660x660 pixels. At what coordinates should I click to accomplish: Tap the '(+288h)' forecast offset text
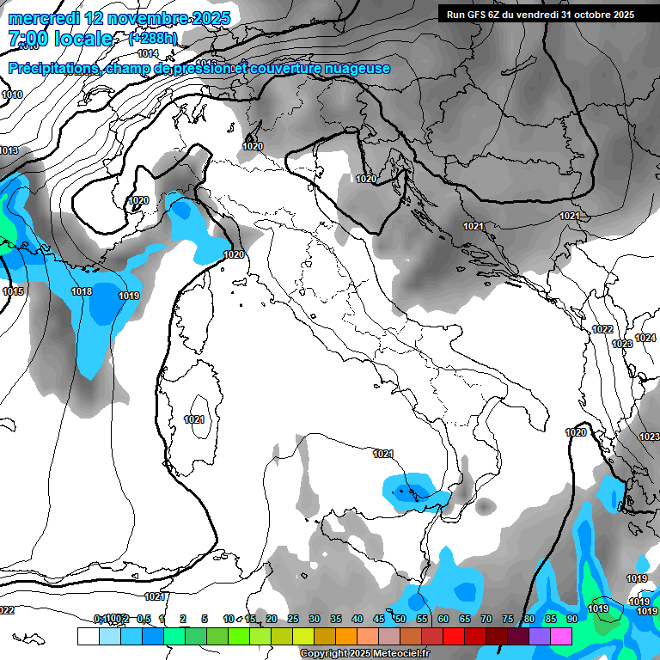(x=153, y=39)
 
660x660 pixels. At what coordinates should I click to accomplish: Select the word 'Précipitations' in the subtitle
(x=52, y=68)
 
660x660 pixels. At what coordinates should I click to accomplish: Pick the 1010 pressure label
(x=12, y=95)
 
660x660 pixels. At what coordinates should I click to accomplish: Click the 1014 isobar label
(x=149, y=53)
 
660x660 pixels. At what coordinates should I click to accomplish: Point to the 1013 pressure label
(x=9, y=150)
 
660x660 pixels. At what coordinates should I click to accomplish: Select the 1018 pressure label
(x=82, y=291)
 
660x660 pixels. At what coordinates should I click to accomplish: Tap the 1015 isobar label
(x=13, y=291)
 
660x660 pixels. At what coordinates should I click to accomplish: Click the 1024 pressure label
(x=645, y=338)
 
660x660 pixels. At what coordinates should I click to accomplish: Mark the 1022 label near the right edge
(x=602, y=329)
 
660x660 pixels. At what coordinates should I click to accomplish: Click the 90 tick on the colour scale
(x=571, y=619)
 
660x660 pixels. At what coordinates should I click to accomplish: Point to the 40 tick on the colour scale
(x=357, y=619)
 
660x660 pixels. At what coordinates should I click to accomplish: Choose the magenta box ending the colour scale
(x=561, y=636)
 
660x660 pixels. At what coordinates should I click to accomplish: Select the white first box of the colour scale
(x=88, y=636)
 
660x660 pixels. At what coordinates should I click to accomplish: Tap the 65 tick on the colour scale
(x=464, y=619)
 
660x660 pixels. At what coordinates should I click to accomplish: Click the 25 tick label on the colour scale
(x=292, y=619)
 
